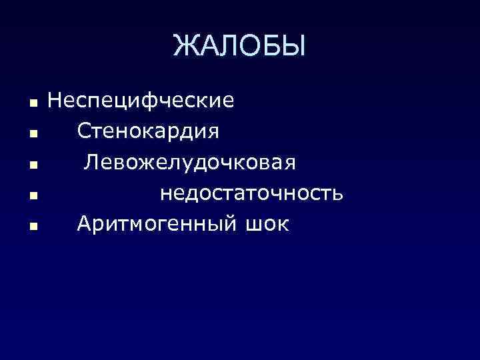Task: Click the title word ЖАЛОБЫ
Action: pyautogui.click(x=239, y=46)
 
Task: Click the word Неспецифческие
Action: pyautogui.click(x=141, y=101)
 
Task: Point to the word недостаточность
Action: pyautogui.click(x=251, y=193)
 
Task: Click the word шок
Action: pyautogui.click(x=266, y=224)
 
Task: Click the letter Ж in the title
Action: pyautogui.click(x=185, y=46)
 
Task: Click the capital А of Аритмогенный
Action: pyautogui.click(x=85, y=224)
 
